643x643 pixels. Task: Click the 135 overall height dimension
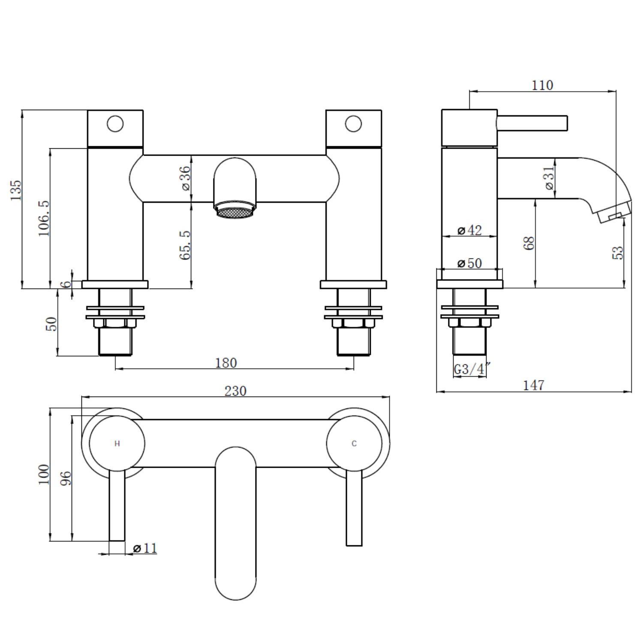click(x=15, y=190)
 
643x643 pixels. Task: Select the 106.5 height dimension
click(x=44, y=218)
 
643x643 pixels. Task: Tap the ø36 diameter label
click(x=185, y=178)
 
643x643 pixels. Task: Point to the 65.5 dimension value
click(x=185, y=245)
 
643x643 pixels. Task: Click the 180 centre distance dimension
click(x=226, y=363)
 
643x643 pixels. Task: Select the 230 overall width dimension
click(x=235, y=391)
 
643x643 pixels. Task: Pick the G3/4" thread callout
click(x=472, y=369)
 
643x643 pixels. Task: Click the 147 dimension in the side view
click(x=534, y=385)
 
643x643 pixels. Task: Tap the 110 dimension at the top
click(x=542, y=85)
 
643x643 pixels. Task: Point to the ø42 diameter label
click(x=470, y=230)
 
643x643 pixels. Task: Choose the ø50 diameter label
click(x=470, y=263)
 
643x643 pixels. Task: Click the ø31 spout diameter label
click(x=549, y=178)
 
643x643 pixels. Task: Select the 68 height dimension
click(x=529, y=243)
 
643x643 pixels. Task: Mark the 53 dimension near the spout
click(x=618, y=252)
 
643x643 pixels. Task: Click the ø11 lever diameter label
click(x=145, y=548)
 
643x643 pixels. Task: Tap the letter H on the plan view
click(x=117, y=444)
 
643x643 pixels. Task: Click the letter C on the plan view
click(x=354, y=444)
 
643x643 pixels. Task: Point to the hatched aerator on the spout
click(x=235, y=212)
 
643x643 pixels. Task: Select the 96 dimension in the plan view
click(x=66, y=478)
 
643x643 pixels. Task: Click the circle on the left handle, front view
click(x=115, y=116)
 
